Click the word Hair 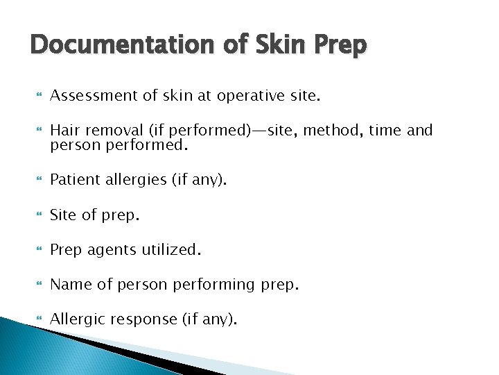tap(65, 129)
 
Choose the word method tap(353, 129)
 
